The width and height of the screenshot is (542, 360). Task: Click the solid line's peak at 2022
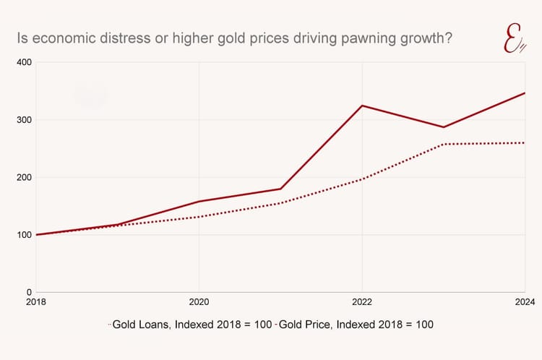[362, 106]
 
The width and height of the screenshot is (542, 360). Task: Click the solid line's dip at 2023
[444, 127]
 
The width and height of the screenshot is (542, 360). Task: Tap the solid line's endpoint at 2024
[525, 93]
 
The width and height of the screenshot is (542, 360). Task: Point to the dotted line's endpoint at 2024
[525, 142]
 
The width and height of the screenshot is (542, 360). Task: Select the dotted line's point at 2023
[444, 144]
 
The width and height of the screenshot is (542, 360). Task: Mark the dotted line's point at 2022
[362, 179]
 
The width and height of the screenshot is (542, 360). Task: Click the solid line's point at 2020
[199, 201]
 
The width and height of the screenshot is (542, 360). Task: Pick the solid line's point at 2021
[280, 189]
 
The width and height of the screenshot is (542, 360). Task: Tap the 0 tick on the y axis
[28, 292]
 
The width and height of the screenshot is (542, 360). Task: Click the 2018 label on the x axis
[36, 303]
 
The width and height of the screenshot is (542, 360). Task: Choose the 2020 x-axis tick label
[199, 303]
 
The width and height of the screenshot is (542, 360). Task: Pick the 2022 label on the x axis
[362, 303]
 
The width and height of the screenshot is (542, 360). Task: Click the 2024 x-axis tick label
[524, 303]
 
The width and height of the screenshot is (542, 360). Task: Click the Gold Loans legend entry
[192, 325]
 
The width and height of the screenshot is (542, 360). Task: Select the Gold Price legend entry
[357, 325]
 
